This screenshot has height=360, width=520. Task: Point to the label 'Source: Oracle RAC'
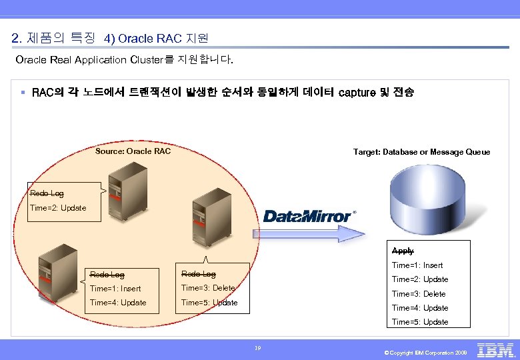133,151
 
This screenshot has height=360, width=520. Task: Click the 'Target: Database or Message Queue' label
421,152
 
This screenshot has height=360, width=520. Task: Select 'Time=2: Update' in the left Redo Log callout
58,208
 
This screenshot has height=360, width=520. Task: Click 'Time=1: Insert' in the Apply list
417,265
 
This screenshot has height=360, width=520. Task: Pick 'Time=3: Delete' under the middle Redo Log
208,288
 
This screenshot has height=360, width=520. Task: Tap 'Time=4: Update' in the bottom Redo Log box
118,303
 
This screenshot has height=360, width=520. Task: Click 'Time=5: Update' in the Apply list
420,322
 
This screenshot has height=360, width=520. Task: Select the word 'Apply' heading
403,251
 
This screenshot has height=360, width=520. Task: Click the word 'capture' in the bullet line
357,93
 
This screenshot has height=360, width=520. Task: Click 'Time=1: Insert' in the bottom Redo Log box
115,289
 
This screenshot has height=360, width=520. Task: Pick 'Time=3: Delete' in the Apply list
419,294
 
